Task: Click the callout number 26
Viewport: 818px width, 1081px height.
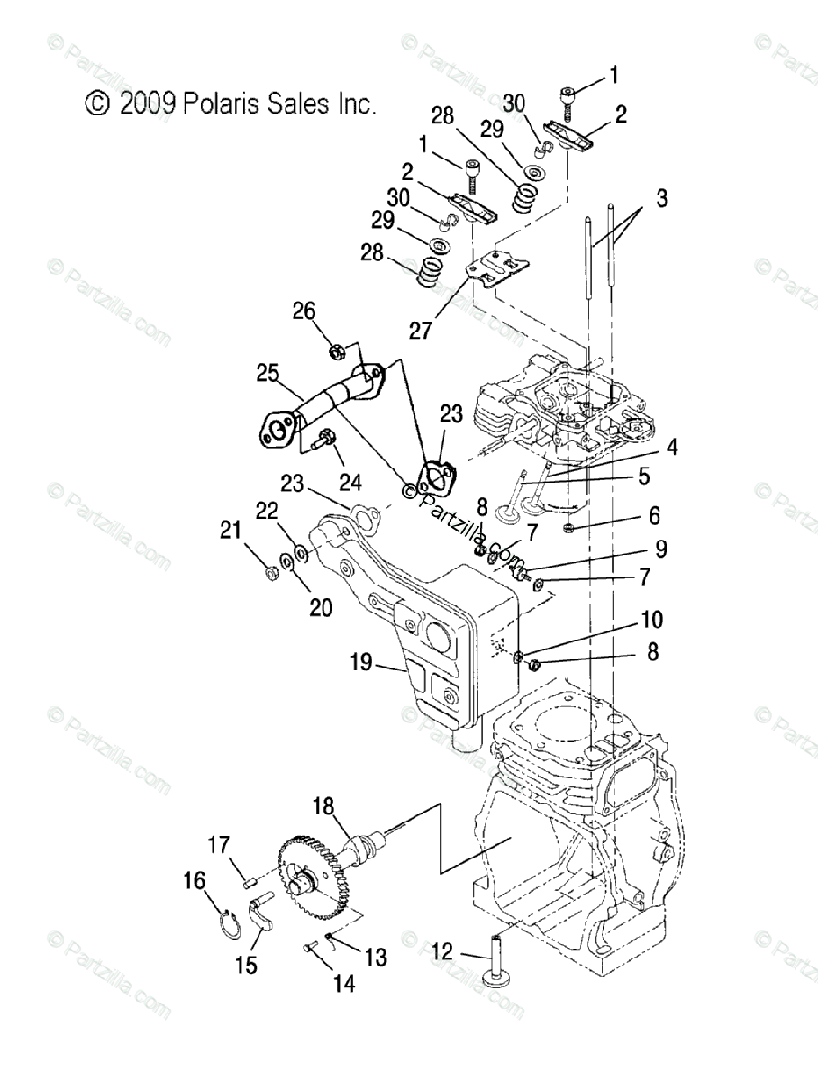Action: [304, 312]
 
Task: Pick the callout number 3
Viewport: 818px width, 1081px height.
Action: [661, 198]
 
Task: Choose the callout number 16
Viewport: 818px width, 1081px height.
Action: [195, 880]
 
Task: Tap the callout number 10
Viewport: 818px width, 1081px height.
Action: [652, 620]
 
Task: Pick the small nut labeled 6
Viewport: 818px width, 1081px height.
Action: [570, 527]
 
